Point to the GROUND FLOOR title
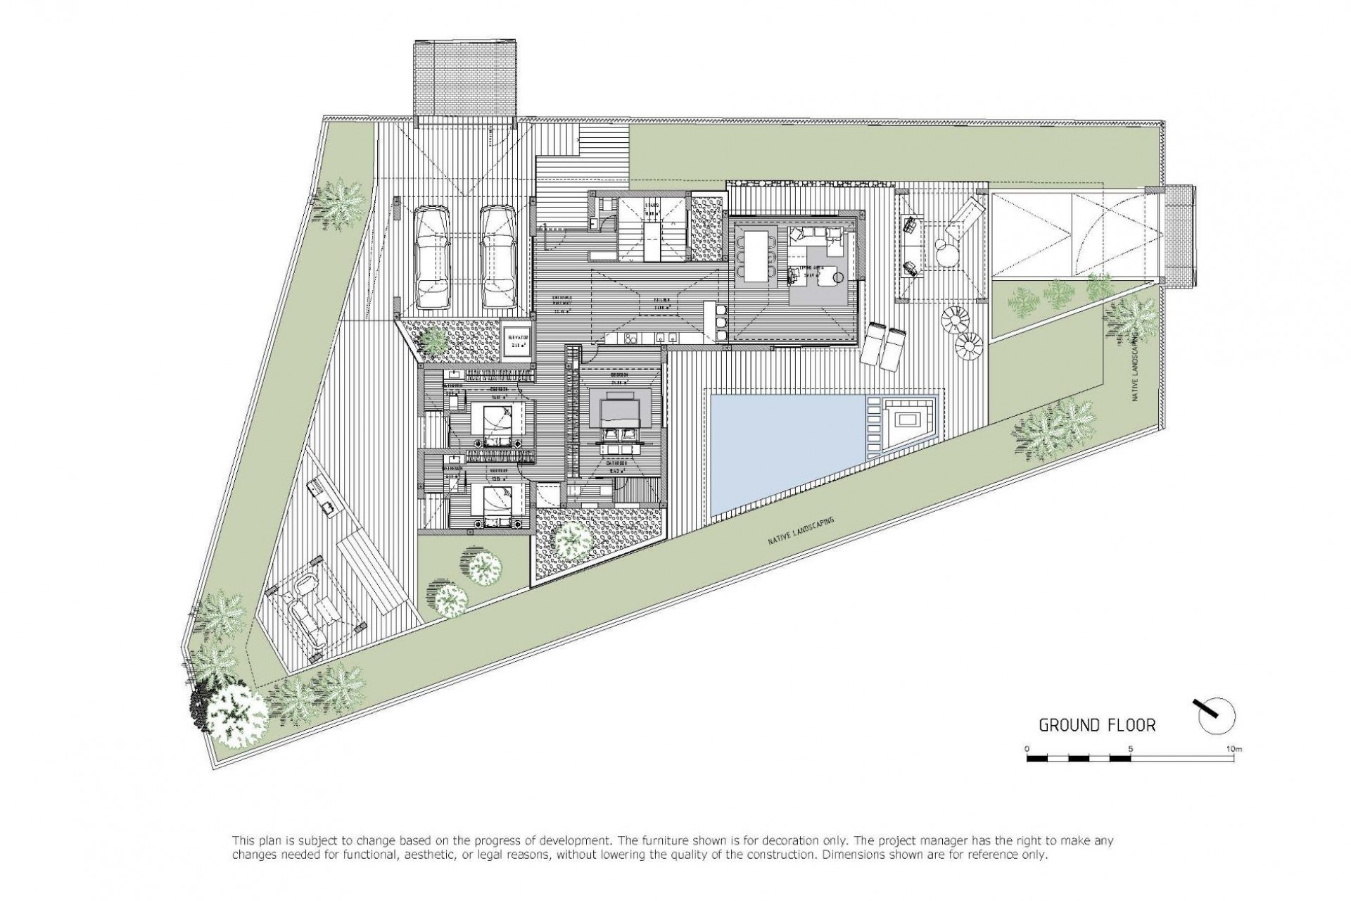[1097, 725]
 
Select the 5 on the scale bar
[1130, 748]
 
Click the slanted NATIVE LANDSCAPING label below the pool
[801, 532]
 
